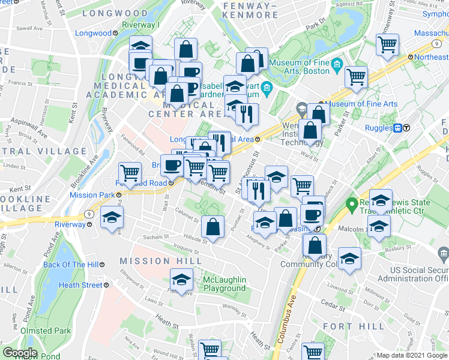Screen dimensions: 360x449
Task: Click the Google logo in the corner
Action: tap(20, 353)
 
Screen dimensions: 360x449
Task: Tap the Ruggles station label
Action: tap(378, 127)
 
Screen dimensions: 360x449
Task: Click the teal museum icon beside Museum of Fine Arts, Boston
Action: tap(336, 64)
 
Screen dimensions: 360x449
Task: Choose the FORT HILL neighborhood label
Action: tap(345, 326)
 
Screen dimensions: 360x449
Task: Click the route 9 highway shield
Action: tap(89, 213)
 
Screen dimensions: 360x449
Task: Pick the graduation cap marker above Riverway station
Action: tap(111, 217)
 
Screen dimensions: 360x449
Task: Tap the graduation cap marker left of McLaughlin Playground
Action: tap(181, 278)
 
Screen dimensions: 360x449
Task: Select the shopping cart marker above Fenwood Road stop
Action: tap(130, 173)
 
